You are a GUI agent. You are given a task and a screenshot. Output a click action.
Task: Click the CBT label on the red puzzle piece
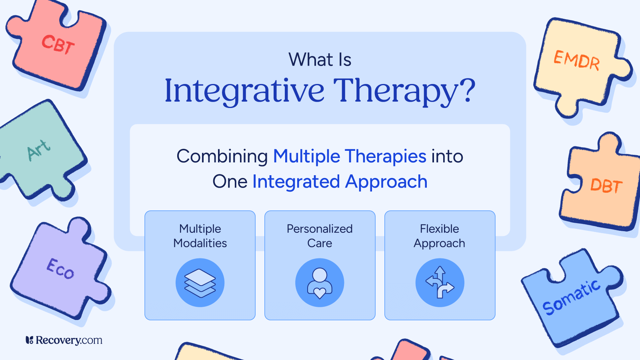[58, 44]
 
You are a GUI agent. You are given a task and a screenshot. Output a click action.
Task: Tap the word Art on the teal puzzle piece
[39, 150]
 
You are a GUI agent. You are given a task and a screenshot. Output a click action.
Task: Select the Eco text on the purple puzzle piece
[60, 268]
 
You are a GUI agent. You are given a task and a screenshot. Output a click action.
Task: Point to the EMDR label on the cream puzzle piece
[576, 60]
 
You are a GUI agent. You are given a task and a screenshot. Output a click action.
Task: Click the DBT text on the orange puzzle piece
[606, 186]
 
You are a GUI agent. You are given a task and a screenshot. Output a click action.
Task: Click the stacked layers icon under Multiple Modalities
[200, 283]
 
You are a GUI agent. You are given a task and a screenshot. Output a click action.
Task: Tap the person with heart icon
[320, 283]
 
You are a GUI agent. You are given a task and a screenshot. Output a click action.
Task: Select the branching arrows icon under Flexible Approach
[440, 283]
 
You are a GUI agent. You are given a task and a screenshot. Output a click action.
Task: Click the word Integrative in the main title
[244, 91]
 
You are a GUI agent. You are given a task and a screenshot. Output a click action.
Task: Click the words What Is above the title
[320, 60]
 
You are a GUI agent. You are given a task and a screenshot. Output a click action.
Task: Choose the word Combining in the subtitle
[222, 156]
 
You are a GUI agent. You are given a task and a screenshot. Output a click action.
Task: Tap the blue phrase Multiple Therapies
[350, 156]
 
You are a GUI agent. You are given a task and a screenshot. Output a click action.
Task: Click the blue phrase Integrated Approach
[340, 182]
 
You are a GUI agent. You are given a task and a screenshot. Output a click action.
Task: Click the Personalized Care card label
[320, 236]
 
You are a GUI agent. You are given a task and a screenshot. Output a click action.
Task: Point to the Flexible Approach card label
[440, 236]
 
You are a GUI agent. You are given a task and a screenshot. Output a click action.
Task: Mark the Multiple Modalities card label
[200, 236]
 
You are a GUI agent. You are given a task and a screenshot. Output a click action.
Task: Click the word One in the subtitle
[230, 182]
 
